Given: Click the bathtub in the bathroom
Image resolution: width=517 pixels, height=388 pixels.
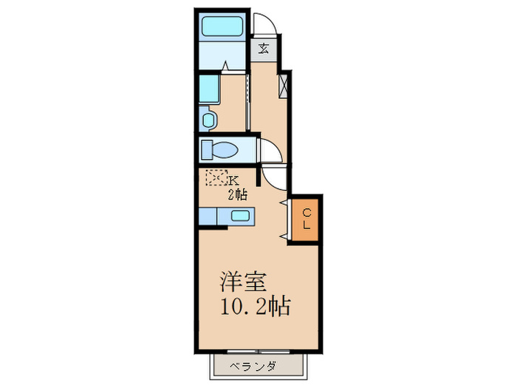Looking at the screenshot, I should click(x=223, y=26).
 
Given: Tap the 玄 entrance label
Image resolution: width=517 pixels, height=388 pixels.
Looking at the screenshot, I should click(x=263, y=50).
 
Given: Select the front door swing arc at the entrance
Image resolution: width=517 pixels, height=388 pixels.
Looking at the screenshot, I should click(x=265, y=24).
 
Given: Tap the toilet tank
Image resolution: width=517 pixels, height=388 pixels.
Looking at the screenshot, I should click(x=206, y=149).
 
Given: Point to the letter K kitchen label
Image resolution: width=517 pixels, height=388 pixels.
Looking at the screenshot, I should click(x=233, y=180).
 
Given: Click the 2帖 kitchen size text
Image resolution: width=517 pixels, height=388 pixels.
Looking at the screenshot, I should click(x=236, y=194).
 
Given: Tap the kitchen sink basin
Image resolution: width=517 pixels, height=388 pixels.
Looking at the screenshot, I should click(x=241, y=216).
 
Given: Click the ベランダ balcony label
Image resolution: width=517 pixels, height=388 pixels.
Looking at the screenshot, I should click(x=250, y=366).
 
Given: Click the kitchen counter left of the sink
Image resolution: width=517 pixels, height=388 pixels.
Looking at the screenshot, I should click(x=210, y=216).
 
